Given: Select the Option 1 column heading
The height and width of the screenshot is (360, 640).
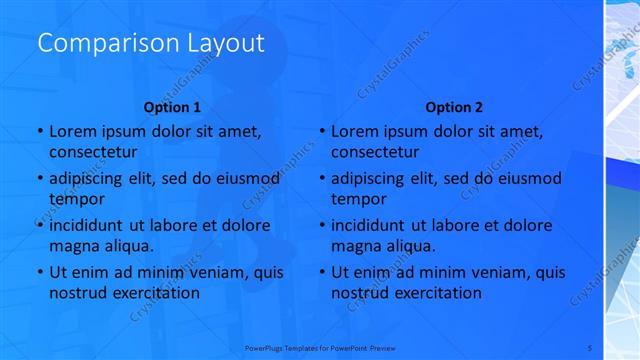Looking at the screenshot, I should pos(172,107).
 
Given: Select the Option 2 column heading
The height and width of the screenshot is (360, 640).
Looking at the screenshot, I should pos(454,107).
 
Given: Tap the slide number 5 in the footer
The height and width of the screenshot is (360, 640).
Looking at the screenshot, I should pos(590,347).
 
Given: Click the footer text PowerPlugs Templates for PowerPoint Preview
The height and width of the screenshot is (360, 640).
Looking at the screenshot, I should pos(320,347).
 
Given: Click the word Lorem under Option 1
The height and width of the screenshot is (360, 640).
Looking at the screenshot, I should pos(71,131).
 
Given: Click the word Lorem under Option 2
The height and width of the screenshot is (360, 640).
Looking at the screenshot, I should pos(353,131).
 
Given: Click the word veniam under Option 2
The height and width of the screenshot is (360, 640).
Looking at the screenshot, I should pos(484,272).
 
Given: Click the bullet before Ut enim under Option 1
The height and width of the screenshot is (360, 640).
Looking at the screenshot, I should pos(39,272).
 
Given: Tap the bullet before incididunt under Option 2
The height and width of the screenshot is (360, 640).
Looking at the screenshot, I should pos(321,225).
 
